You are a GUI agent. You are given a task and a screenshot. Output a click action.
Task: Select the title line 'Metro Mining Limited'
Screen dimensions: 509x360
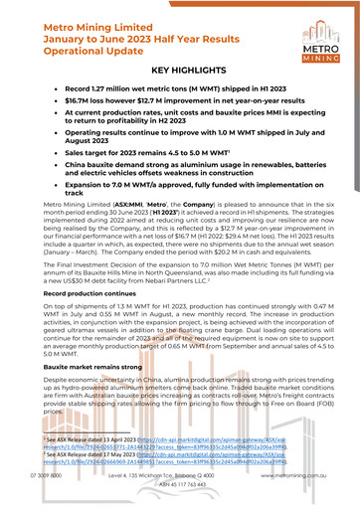(x=110, y=16)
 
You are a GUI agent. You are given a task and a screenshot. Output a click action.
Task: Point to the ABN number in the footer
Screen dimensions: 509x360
(x=179, y=500)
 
